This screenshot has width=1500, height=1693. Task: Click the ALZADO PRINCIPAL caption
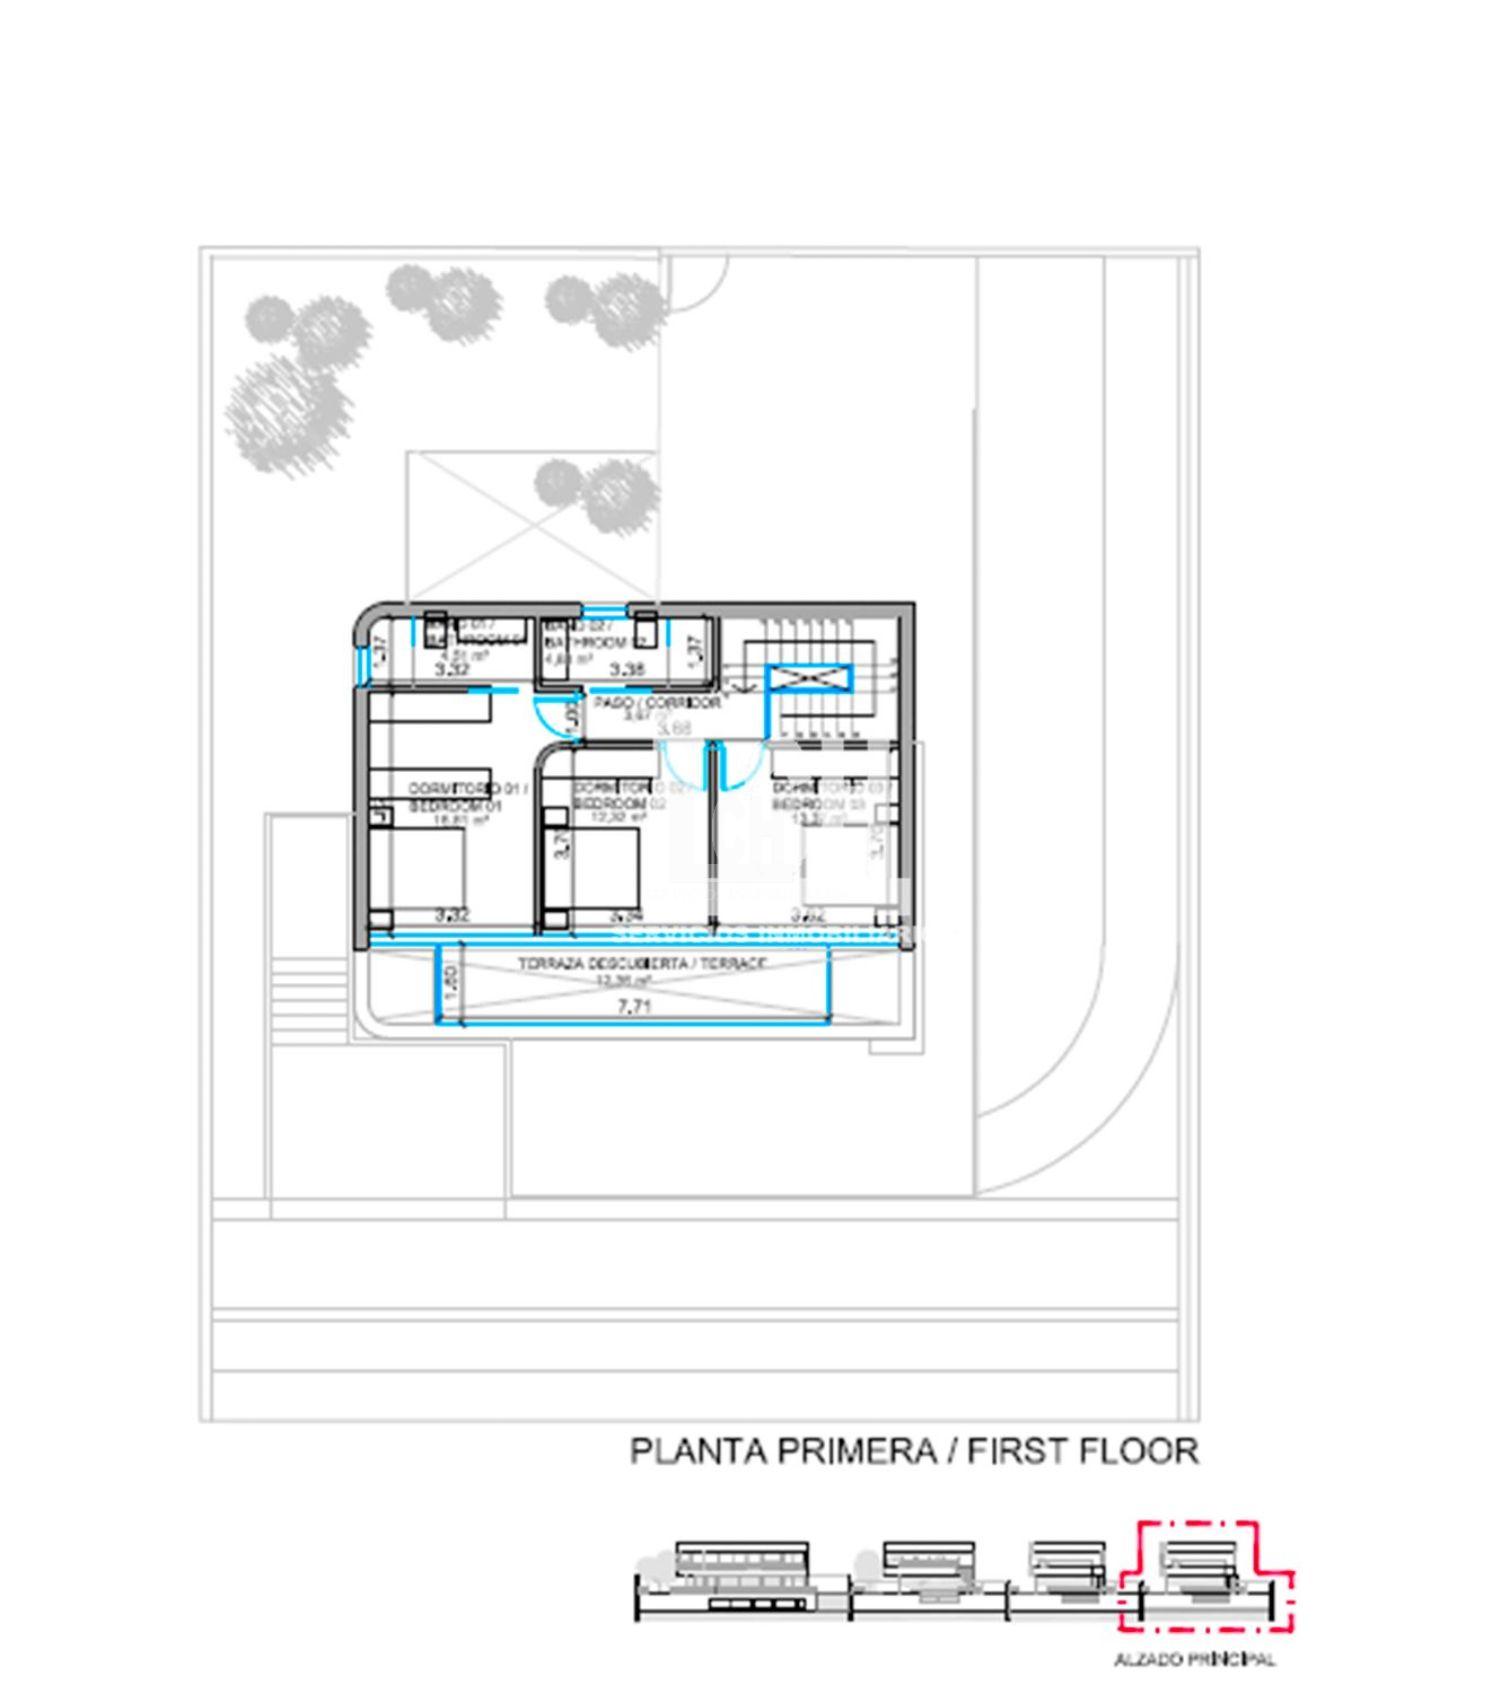point(1194,1660)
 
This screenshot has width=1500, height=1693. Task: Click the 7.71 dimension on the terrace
point(635,1007)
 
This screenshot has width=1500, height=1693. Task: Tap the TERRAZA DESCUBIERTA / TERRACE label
point(642,964)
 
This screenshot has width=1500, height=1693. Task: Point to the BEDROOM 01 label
point(456,806)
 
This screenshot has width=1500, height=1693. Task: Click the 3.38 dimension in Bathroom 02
point(627,670)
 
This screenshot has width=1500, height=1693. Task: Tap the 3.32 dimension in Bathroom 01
point(452,670)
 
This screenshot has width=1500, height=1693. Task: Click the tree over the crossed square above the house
point(597,493)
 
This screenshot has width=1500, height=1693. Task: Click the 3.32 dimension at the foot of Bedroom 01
point(452,914)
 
